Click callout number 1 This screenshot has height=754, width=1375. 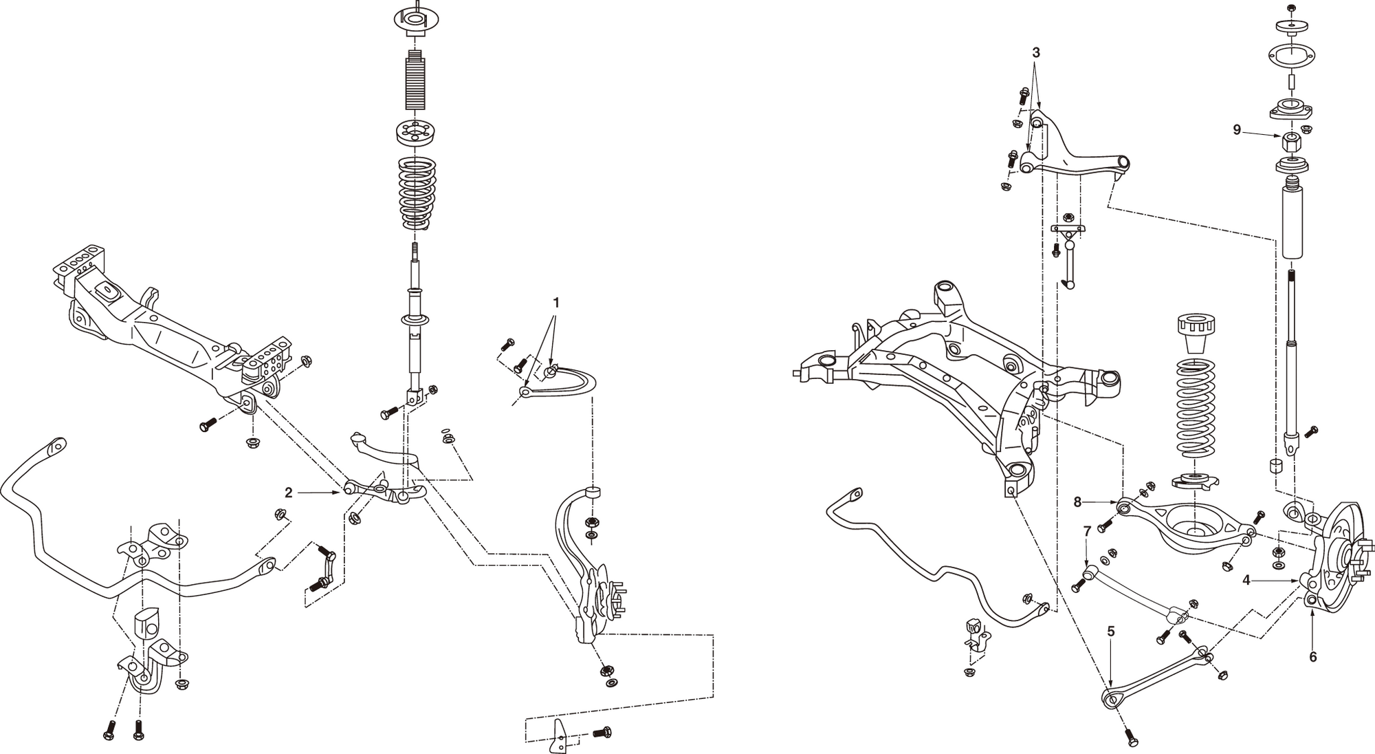pyautogui.click(x=556, y=302)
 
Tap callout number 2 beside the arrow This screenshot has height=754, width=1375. pyautogui.click(x=289, y=493)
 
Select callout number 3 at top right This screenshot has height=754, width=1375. pyautogui.click(x=1036, y=52)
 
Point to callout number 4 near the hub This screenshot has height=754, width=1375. pyautogui.click(x=1246, y=581)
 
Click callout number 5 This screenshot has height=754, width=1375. pyautogui.click(x=1111, y=632)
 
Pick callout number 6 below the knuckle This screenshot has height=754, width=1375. pyautogui.click(x=1312, y=657)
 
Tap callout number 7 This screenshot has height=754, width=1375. pyautogui.click(x=1087, y=531)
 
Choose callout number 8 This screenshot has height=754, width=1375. pyautogui.click(x=1077, y=502)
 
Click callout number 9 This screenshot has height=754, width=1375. pyautogui.click(x=1237, y=129)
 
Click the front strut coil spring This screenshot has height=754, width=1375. pyautogui.click(x=417, y=193)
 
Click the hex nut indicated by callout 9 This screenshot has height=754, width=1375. pyautogui.click(x=1291, y=143)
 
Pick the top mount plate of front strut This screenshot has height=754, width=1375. pyautogui.click(x=415, y=20)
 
